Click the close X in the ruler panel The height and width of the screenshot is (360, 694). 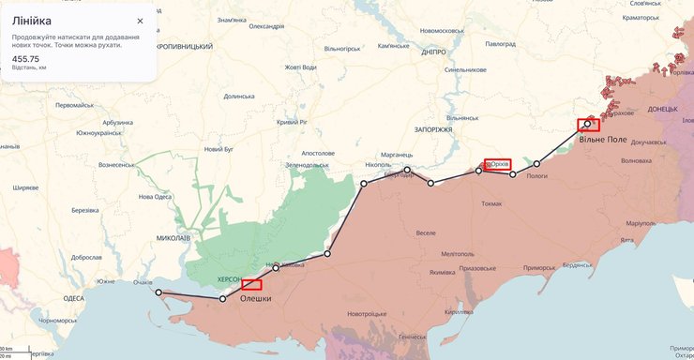[x=140, y=21]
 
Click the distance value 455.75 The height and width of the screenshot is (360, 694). [x=25, y=59]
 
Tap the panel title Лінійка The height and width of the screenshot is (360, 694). [x=32, y=21]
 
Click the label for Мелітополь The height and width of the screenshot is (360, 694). [x=458, y=254]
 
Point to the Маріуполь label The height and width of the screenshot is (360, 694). [x=641, y=223]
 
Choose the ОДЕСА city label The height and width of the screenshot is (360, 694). [x=73, y=298]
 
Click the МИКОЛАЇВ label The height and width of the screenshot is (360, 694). [x=173, y=238]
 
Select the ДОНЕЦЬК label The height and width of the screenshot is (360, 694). [x=662, y=110]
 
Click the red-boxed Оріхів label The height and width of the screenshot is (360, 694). [x=498, y=164]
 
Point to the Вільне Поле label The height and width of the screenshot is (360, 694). [x=603, y=139]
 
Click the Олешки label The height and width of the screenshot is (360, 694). [x=256, y=298]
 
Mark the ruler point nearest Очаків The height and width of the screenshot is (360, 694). [x=158, y=292]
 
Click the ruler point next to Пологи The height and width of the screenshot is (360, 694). [x=536, y=164]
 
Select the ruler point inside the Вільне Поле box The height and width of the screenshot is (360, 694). [x=588, y=123]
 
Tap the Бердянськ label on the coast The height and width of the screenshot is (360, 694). [x=582, y=264]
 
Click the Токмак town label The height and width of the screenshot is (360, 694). [x=492, y=203]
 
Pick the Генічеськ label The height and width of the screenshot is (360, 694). [x=413, y=337]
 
